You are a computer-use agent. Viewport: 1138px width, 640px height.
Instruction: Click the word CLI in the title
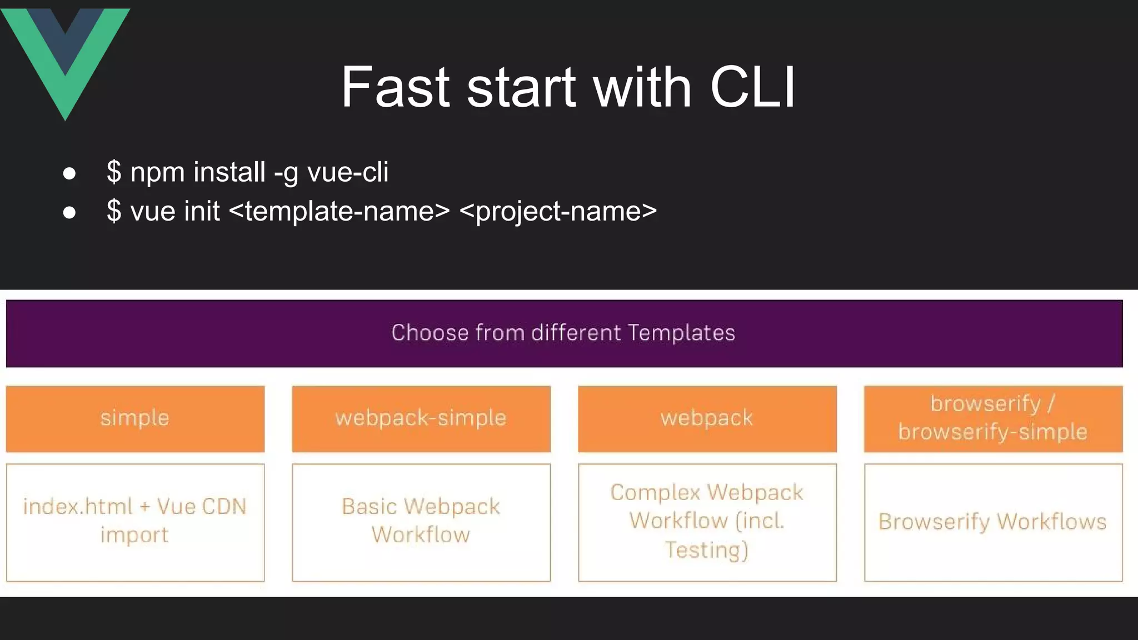point(752,87)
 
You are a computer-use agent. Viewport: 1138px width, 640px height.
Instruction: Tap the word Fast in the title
point(395,87)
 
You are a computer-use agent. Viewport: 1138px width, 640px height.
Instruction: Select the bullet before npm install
point(69,173)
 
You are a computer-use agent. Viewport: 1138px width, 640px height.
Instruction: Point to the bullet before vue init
point(69,212)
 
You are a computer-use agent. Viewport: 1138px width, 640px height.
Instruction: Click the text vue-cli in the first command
point(348,172)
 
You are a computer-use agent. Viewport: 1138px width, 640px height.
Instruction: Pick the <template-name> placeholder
point(339,211)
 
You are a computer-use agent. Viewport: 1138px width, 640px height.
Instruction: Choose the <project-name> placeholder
point(558,211)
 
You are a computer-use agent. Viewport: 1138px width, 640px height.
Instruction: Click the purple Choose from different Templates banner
point(564,333)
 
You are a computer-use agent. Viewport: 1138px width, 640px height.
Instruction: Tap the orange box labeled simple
point(135,418)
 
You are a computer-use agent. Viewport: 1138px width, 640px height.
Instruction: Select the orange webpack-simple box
point(421,418)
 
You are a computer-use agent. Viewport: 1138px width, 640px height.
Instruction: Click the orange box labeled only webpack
point(707,418)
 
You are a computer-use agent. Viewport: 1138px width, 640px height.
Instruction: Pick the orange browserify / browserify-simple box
point(993,418)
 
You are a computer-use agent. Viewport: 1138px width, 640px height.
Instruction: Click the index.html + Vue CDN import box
point(135,522)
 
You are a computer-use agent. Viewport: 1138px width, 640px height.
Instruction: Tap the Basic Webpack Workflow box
point(421,522)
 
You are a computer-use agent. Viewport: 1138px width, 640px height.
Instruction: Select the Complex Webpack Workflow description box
point(707,522)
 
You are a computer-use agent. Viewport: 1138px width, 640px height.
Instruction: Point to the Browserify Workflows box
point(993,522)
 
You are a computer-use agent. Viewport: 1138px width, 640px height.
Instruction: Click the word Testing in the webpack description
point(702,549)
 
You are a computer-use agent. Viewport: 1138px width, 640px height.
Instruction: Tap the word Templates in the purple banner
point(682,333)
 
